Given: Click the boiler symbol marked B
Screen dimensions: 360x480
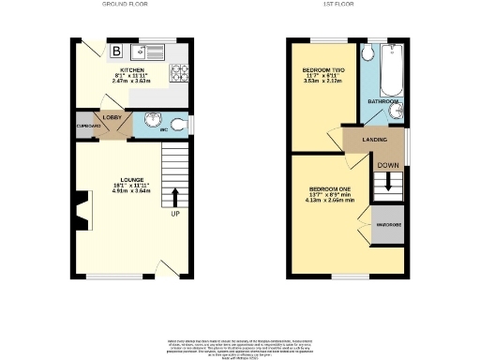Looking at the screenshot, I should tap(117, 51).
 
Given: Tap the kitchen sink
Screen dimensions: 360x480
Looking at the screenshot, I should tap(150, 51).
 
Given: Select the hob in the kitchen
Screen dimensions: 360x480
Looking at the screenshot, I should tap(178, 72).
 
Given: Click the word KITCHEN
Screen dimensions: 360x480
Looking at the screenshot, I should tap(131, 69).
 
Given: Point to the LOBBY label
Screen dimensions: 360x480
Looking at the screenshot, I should tap(112, 117).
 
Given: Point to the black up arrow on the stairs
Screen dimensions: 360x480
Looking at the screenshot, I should tap(174, 195).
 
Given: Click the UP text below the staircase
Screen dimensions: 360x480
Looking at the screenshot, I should tap(174, 214).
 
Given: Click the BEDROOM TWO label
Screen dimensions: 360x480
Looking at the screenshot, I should tap(321, 70).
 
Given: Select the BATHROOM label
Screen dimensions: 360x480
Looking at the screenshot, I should tap(382, 101).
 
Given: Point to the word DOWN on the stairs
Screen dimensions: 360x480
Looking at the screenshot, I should tap(387, 165).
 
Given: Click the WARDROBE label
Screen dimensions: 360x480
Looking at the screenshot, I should tap(387, 226).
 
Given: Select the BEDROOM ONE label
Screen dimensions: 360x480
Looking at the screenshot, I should tap(326, 188).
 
